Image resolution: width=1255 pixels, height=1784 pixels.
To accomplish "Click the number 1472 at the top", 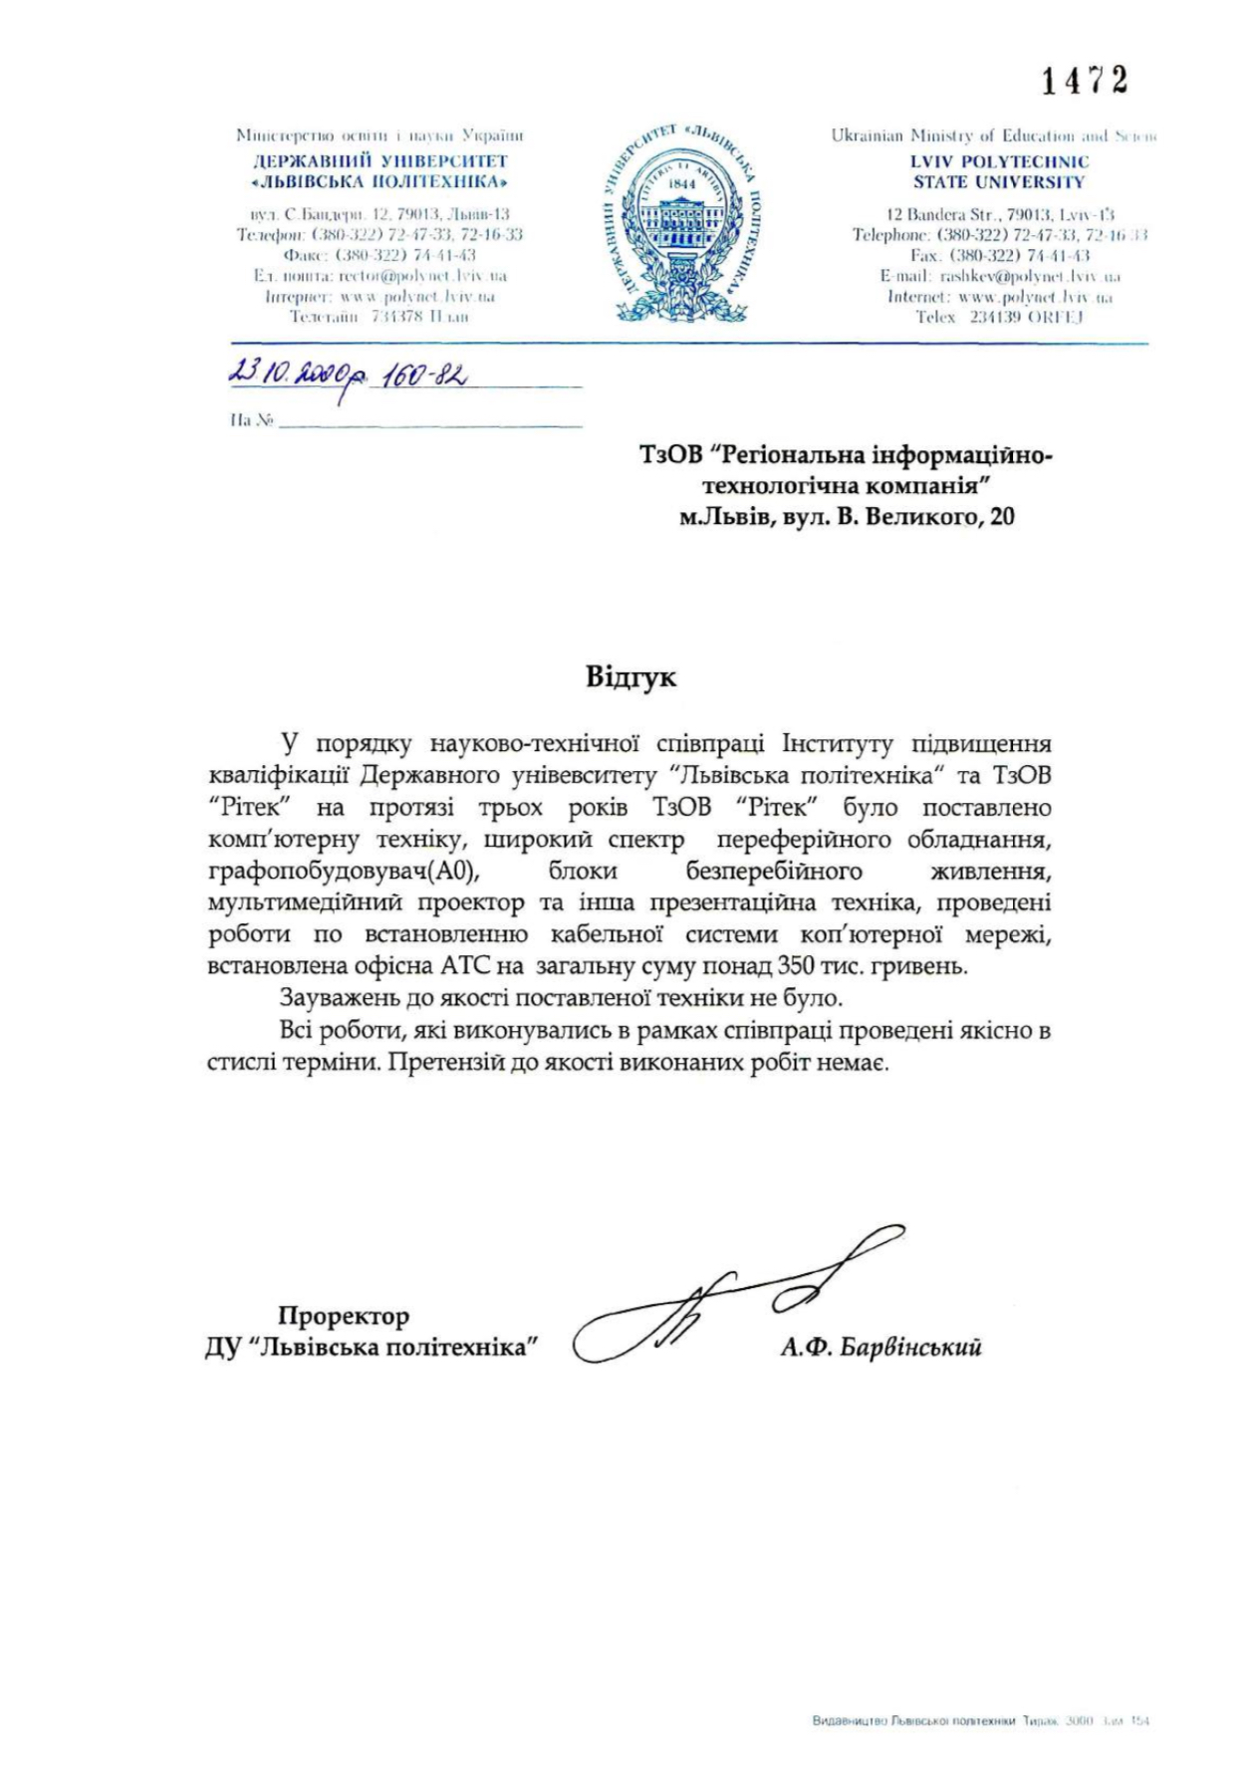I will [x=1085, y=80].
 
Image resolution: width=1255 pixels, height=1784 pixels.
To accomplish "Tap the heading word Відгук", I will [x=630, y=677].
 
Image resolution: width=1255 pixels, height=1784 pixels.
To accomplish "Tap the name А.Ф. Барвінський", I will [x=881, y=1348].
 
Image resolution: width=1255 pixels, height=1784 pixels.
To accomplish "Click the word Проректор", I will [x=344, y=1316].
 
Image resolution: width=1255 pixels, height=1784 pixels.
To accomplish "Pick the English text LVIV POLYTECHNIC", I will [x=1000, y=161].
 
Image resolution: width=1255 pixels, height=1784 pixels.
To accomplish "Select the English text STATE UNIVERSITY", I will [x=999, y=182].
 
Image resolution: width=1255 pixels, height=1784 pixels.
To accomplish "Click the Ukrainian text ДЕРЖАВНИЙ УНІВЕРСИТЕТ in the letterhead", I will [x=380, y=161].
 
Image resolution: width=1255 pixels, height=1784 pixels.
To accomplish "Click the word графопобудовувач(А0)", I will [x=344, y=872].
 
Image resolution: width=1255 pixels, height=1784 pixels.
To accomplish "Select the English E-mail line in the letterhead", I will [x=999, y=276].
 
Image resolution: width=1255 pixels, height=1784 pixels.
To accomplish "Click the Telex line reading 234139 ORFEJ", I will [x=999, y=317].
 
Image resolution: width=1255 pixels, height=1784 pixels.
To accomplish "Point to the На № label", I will [x=251, y=421].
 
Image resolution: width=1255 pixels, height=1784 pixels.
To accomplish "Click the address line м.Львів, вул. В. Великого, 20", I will [x=847, y=516].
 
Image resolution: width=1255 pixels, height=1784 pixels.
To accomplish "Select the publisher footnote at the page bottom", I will [x=980, y=1720].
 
